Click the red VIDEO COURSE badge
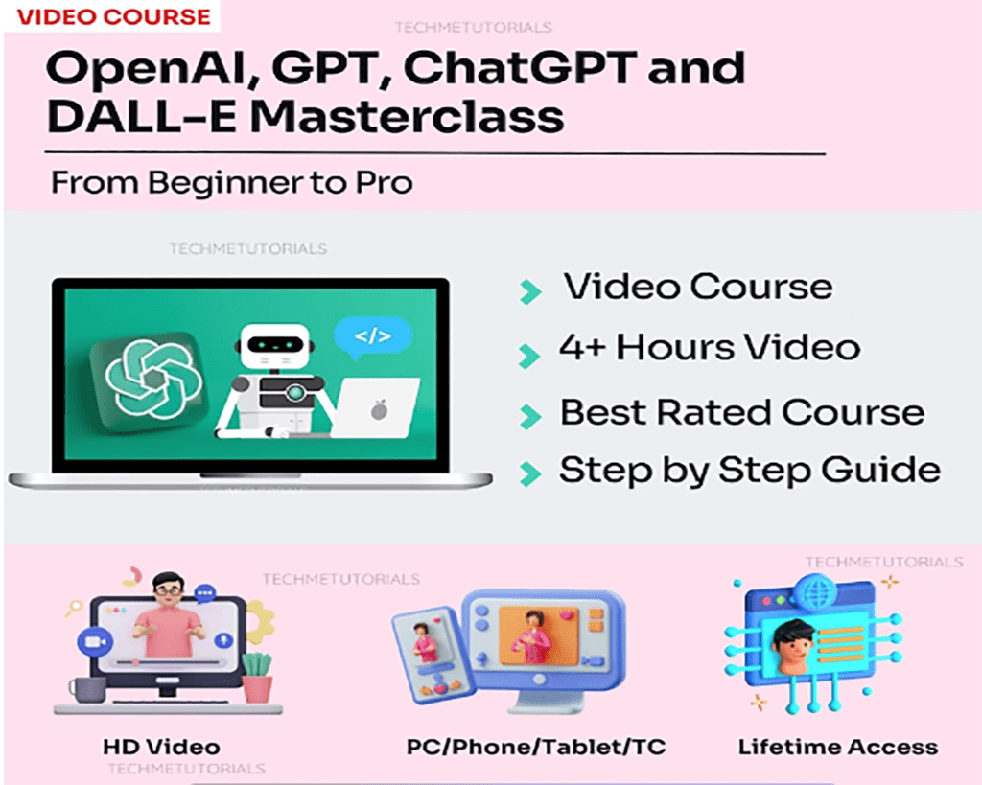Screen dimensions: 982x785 pos(113,17)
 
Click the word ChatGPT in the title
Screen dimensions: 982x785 pos(520,68)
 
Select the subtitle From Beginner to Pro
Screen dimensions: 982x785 pos(232,183)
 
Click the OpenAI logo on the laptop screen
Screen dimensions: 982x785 pos(152,380)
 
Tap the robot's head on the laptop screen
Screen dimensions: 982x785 pos(275,346)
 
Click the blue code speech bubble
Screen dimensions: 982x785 pos(373,337)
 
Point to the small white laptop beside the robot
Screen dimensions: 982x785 pos(375,408)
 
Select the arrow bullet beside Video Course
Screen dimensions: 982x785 pos(529,291)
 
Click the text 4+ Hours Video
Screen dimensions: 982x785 pos(710,347)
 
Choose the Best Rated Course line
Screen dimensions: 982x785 pos(742,412)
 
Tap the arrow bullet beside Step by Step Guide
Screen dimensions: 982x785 pos(529,473)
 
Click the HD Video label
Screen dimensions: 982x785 pos(161,747)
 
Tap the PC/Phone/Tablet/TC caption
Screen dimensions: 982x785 pos(536,747)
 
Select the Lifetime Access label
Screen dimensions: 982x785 pos(838,747)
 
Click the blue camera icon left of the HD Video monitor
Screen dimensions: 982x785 pos(95,641)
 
